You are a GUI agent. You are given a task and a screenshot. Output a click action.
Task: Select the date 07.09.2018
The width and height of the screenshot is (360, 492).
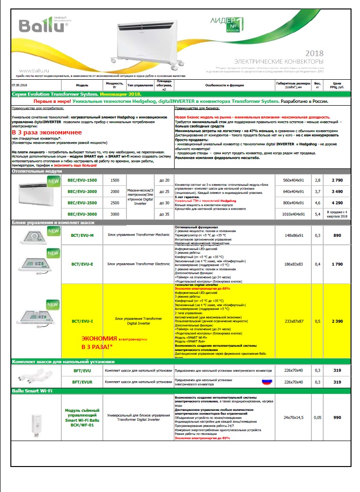20,85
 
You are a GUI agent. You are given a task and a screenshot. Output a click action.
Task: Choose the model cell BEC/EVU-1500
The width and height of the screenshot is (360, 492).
82,180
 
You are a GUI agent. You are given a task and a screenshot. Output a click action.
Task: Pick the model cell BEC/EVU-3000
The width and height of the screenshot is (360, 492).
82,214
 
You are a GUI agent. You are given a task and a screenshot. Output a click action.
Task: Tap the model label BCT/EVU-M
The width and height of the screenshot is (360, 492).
83,235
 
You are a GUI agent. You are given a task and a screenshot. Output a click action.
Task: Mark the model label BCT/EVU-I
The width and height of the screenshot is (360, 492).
83,321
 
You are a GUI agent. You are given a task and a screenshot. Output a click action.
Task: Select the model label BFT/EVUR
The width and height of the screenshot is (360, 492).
82,382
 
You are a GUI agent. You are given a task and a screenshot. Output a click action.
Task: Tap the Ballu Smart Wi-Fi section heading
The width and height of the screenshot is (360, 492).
32,391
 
